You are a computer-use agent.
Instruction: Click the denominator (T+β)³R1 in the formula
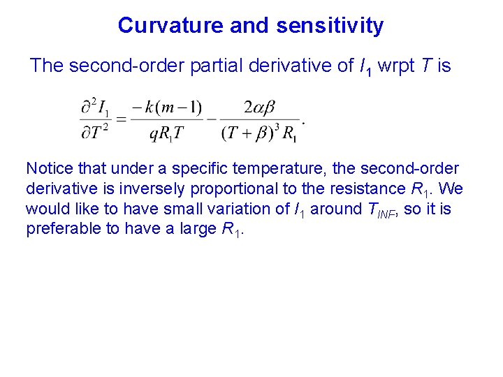[259, 133]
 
